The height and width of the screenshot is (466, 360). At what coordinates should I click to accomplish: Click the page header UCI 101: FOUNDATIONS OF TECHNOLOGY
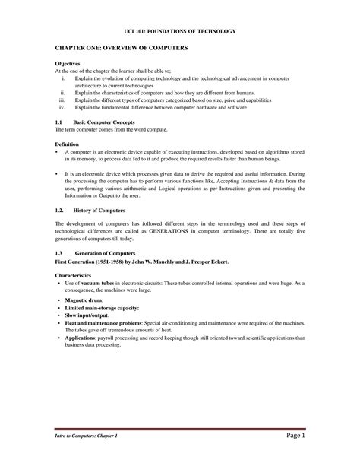tap(180, 31)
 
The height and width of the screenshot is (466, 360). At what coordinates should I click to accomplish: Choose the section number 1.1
tap(59, 122)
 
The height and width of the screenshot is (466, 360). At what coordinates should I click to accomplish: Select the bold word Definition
tap(68, 143)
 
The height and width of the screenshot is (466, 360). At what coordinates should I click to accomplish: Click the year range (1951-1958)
tap(112, 261)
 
